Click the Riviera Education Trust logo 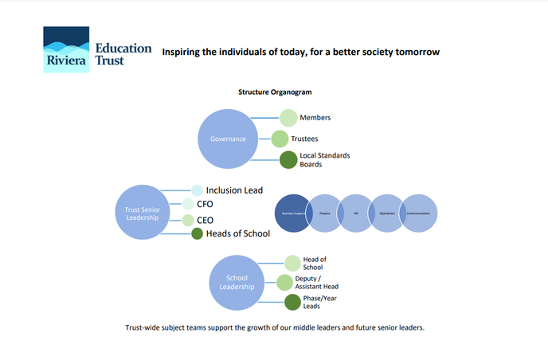point(98,49)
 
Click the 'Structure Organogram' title point(274,92)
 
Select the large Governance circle point(228,139)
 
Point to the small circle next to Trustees point(280,139)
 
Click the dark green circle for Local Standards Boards point(288,159)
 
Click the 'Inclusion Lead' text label point(234,190)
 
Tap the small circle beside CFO point(188,204)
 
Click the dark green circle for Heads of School point(197,233)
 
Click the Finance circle point(323,213)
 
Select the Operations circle point(388,213)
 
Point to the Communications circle point(419,213)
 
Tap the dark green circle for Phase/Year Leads point(292,302)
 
